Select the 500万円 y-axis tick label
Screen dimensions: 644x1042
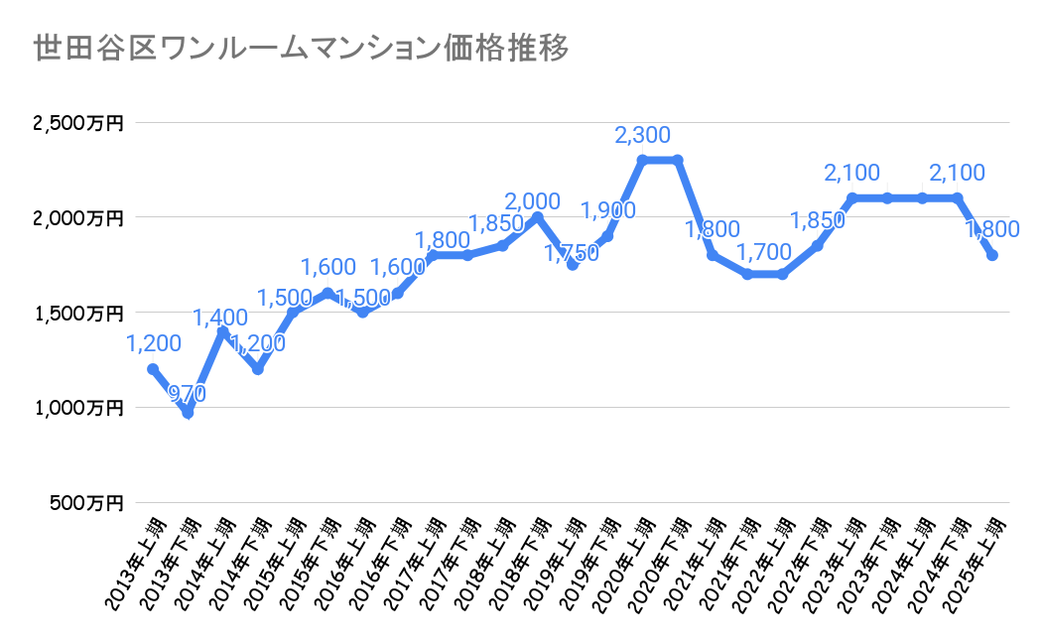(x=86, y=502)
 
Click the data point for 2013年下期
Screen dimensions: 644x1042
(x=188, y=413)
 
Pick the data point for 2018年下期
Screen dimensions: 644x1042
(x=537, y=217)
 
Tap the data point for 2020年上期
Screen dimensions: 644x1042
(x=642, y=160)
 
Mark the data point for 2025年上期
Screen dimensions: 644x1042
(x=991, y=255)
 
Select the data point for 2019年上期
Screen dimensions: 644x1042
(x=573, y=265)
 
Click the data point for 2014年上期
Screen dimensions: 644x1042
(x=223, y=331)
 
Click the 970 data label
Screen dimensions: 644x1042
(x=187, y=394)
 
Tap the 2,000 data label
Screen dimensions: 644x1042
(x=532, y=201)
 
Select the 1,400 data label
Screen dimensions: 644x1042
(x=220, y=319)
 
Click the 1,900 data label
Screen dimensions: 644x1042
(x=607, y=210)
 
